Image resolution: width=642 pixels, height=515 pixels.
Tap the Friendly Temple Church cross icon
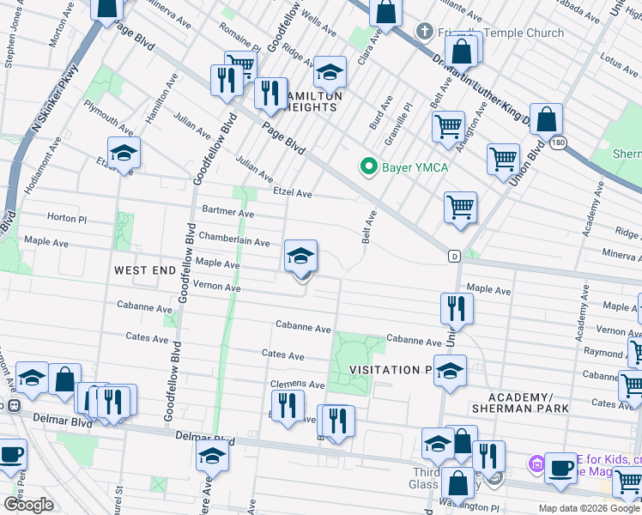coord(422,33)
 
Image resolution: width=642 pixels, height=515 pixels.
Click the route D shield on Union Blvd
coord(453,256)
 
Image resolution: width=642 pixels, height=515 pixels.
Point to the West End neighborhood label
coord(144,270)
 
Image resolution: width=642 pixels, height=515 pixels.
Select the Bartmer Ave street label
coord(227,211)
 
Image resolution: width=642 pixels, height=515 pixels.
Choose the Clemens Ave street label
coord(297,385)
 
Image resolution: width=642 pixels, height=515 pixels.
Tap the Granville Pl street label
coord(398,124)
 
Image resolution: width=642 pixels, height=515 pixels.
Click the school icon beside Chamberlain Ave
coord(300,257)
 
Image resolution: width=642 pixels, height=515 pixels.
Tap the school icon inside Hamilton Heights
coord(330,71)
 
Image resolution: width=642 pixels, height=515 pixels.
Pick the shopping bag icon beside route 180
coord(546,120)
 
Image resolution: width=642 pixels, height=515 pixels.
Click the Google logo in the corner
coord(28,505)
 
